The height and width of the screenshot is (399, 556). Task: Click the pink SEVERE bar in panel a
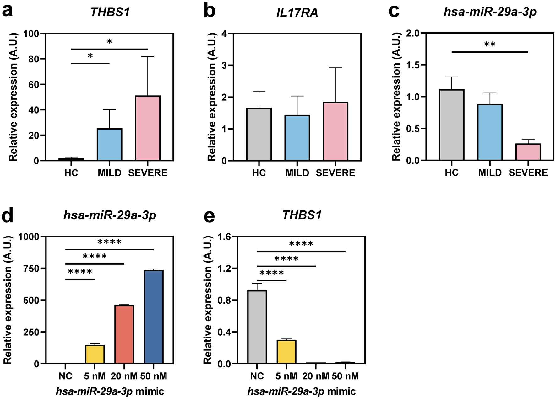[148, 129]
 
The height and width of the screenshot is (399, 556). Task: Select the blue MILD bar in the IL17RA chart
[297, 138]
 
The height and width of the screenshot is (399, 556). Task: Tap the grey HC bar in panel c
[452, 125]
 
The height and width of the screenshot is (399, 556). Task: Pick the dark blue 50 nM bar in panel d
[154, 317]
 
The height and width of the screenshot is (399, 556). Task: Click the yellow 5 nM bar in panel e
[286, 352]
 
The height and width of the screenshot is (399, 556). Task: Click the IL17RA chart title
[297, 13]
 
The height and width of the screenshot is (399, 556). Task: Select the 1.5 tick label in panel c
[414, 65]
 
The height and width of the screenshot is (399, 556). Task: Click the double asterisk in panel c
[490, 45]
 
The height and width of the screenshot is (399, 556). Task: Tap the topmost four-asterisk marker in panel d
[109, 242]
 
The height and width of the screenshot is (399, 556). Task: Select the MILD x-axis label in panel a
[109, 173]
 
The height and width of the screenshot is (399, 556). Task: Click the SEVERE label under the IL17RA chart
[335, 173]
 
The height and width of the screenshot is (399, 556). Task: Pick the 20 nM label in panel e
[316, 376]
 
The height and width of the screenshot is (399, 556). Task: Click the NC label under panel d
[65, 376]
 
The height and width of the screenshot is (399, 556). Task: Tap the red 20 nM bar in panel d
[124, 334]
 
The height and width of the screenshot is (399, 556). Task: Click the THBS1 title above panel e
[302, 215]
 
